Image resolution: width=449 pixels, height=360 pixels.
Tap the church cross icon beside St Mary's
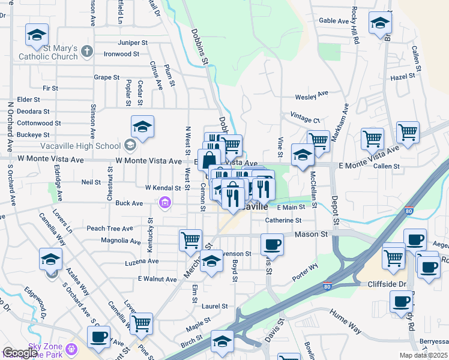click(x=87, y=51)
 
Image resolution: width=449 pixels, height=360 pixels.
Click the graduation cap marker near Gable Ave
click(x=380, y=23)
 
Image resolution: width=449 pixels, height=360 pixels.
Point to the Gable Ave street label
click(x=334, y=20)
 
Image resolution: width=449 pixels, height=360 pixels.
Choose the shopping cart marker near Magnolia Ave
click(x=190, y=240)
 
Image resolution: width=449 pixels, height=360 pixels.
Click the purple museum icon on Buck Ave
click(x=164, y=204)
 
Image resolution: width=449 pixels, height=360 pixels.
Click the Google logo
click(x=20, y=353)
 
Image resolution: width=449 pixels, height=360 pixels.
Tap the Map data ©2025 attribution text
click(x=424, y=355)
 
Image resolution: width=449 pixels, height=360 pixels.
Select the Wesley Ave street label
click(x=312, y=95)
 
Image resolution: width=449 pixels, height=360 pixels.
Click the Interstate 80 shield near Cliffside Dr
click(x=327, y=286)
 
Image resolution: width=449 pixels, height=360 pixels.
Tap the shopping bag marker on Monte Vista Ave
click(x=209, y=161)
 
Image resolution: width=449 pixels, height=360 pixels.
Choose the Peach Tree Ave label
click(x=109, y=229)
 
